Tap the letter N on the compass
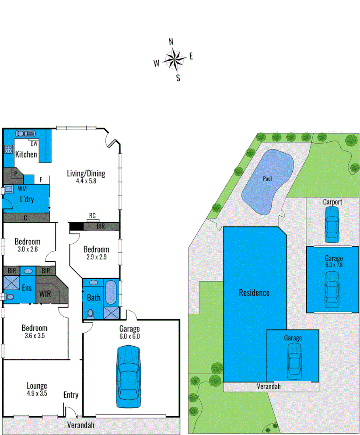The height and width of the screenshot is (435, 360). pyautogui.click(x=171, y=42)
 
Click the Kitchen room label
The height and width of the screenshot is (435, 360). pyautogui.click(x=26, y=154)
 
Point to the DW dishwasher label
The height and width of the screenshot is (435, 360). pyautogui.click(x=34, y=144)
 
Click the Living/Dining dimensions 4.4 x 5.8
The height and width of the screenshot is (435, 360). pyautogui.click(x=86, y=181)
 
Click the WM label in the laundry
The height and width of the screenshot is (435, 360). pyautogui.click(x=22, y=189)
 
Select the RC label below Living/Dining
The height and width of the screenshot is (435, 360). pyautogui.click(x=92, y=216)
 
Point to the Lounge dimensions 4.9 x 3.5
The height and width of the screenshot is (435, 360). pyautogui.click(x=37, y=393)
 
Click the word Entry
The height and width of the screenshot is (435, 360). pyautogui.click(x=71, y=395)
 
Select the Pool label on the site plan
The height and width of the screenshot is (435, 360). pyautogui.click(x=267, y=179)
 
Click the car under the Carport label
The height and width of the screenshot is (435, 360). pyautogui.click(x=332, y=223)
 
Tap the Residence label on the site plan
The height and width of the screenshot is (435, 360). pyautogui.click(x=254, y=293)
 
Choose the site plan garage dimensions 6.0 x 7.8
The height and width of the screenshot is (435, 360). pyautogui.click(x=333, y=265)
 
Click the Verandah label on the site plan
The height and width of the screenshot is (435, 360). pyautogui.click(x=269, y=387)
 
